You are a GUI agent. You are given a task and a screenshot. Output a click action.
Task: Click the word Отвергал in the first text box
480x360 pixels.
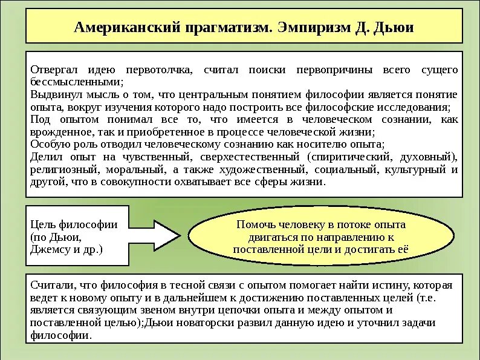(51, 71)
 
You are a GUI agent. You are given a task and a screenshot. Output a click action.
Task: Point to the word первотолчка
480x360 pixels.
(159, 71)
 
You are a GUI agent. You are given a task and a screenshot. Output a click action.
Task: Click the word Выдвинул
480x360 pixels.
(53, 95)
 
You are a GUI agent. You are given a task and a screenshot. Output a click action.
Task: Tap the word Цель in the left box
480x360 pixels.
(42, 224)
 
